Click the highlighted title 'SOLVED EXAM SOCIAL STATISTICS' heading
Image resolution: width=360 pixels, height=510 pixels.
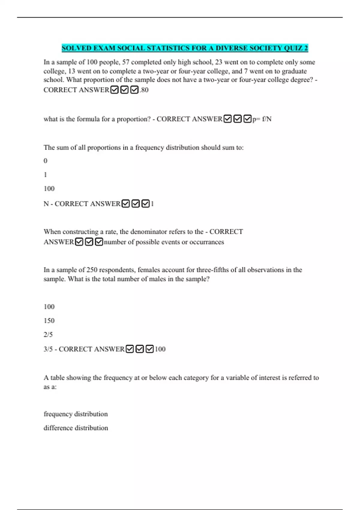tap(185, 48)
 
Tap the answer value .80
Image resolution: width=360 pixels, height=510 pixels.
tap(144, 90)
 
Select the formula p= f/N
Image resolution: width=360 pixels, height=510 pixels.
tap(262, 119)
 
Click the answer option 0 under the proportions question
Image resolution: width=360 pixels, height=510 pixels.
tap(46, 161)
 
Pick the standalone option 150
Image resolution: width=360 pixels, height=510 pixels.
tap(49, 321)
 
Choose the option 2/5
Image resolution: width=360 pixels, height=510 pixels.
tap(48, 334)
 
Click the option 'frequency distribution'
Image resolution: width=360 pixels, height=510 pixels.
tap(76, 414)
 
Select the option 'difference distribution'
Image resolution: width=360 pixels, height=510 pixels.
tap(76, 428)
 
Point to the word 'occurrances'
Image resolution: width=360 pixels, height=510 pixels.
tap(207, 242)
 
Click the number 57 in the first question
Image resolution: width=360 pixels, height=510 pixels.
tap(126, 62)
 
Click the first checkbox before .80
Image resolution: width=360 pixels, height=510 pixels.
tap(114, 90)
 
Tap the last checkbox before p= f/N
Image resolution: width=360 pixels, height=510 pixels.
tap(247, 119)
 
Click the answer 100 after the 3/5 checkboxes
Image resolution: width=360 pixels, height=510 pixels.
tap(160, 349)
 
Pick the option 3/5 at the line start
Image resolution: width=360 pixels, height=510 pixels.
tap(48, 349)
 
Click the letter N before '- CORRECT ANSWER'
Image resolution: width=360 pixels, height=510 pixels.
tap(46, 204)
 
